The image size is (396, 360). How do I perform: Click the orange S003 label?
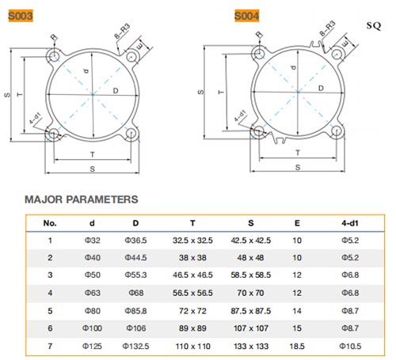click(21, 16)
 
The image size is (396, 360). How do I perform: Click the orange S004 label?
click(247, 16)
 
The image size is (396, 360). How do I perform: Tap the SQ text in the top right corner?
click(374, 25)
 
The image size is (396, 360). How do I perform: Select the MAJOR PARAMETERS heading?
click(82, 199)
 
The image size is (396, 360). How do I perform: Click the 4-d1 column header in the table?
click(350, 223)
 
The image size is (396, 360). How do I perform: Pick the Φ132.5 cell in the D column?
click(135, 346)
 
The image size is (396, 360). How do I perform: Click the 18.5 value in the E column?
click(297, 346)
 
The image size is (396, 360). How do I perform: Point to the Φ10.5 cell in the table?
click(350, 346)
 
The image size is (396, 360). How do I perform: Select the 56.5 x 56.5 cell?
click(192, 293)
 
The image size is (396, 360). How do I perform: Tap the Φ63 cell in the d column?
click(93, 293)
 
